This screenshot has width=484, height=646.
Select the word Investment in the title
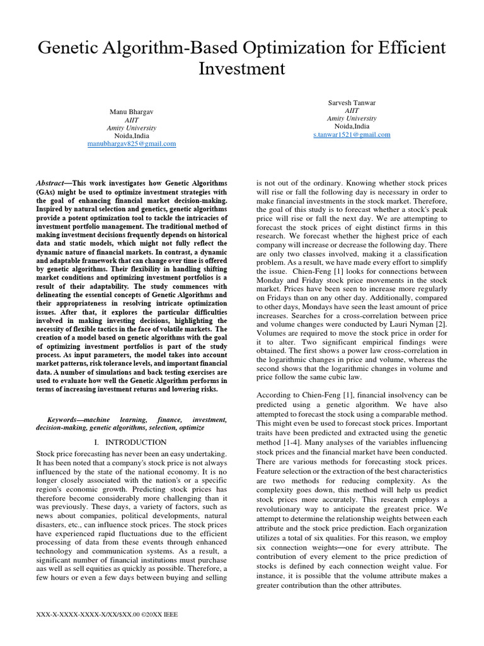point(242,69)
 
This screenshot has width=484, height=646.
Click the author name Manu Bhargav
point(132,112)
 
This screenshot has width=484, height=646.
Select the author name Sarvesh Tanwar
point(352,102)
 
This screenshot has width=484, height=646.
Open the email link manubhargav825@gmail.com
point(132,144)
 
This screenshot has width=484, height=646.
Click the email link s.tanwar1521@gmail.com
point(352,134)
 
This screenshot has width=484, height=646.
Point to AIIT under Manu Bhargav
point(132,120)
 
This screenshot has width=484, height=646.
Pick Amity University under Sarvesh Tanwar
point(352,118)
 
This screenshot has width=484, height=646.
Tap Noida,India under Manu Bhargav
point(132,136)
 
